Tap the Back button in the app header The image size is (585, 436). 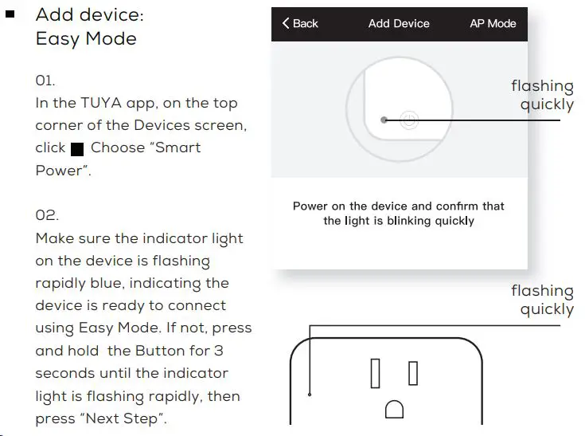(x=300, y=24)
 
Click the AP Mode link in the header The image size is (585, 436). (x=493, y=24)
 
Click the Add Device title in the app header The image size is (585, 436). (x=399, y=24)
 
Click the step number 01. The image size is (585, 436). (x=45, y=81)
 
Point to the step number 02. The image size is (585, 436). (x=46, y=216)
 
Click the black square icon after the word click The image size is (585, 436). (x=77, y=149)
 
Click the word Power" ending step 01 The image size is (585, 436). (x=63, y=171)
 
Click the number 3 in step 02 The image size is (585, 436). (x=218, y=351)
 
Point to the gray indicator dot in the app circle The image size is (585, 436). (x=384, y=120)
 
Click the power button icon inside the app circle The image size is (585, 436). (x=408, y=120)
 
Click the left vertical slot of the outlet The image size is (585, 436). (x=375, y=373)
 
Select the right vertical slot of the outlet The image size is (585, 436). (x=413, y=372)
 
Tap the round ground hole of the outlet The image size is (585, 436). (x=394, y=410)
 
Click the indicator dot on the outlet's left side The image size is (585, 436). (x=310, y=392)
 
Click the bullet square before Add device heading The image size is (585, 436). (x=10, y=14)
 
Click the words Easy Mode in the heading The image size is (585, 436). (x=86, y=38)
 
